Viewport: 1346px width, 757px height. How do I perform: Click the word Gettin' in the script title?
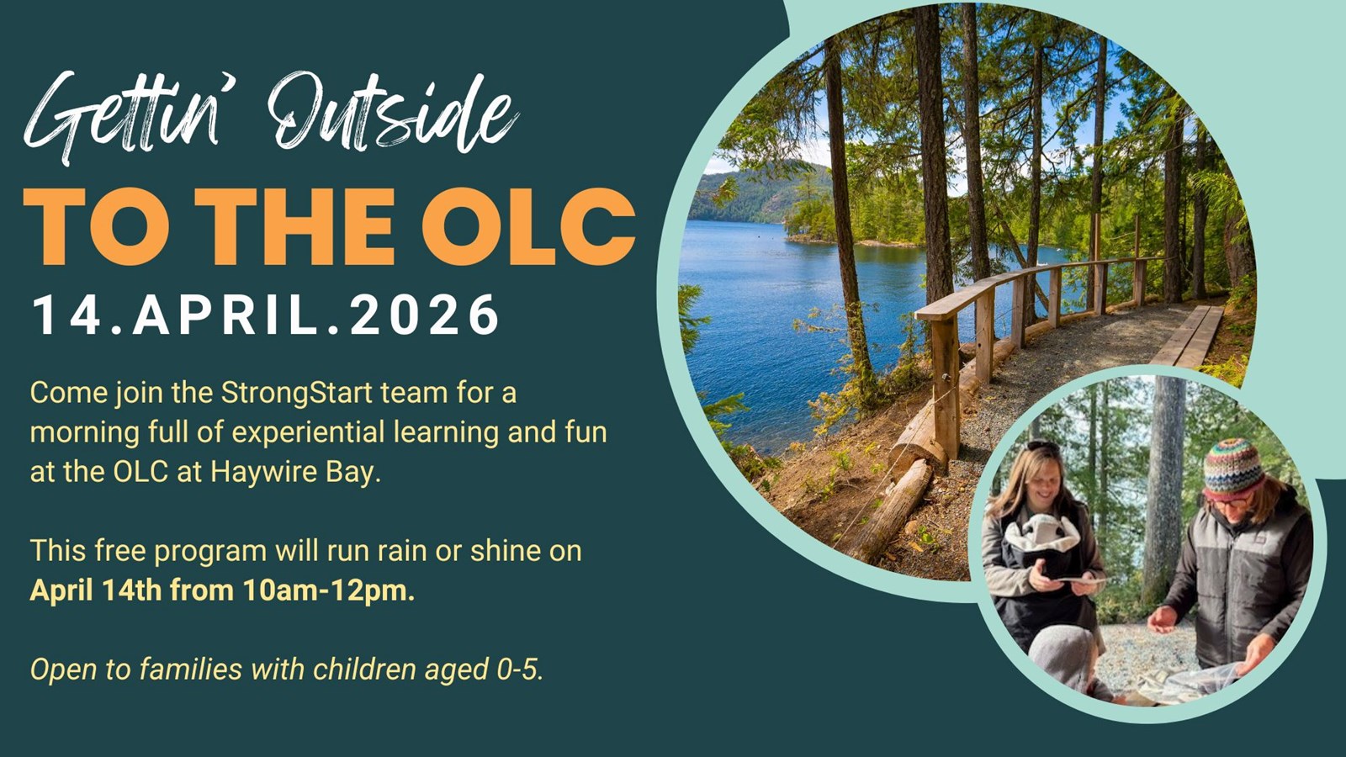point(120,117)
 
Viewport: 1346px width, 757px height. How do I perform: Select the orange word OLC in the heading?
point(529,226)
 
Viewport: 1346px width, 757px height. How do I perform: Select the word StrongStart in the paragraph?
point(297,394)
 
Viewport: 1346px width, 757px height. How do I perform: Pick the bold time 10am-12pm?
point(329,590)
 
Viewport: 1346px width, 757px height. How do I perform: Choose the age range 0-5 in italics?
point(520,670)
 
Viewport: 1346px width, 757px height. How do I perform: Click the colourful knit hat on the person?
point(1233,468)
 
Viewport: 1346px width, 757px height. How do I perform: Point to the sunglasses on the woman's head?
point(1044,446)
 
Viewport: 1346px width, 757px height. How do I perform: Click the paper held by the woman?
point(1082,580)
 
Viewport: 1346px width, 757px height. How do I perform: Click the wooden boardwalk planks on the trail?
point(1189,336)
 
